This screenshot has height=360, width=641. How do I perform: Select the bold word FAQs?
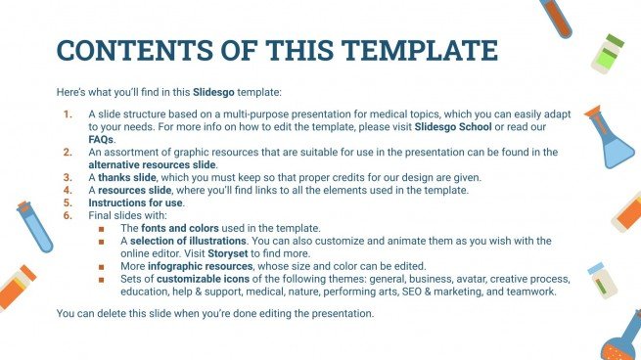pyautogui.click(x=101, y=140)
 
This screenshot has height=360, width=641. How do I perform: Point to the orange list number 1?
pyautogui.click(x=68, y=114)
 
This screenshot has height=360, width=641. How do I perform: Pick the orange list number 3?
pyautogui.click(x=68, y=177)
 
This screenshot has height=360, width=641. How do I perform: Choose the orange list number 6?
pyautogui.click(x=68, y=215)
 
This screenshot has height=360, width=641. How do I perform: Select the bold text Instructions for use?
pyautogui.click(x=131, y=202)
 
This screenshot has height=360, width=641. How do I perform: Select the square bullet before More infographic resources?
pyautogui.click(x=103, y=266)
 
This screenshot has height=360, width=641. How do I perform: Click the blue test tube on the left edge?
pyautogui.click(x=33, y=226)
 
